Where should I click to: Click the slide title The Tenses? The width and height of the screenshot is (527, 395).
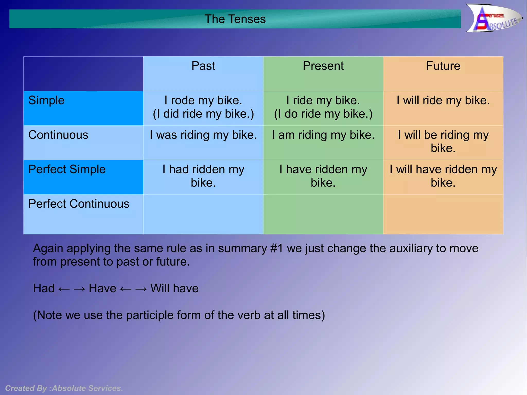pos(235,19)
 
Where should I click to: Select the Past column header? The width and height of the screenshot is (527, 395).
pos(203,66)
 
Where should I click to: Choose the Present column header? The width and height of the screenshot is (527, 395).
pos(323,66)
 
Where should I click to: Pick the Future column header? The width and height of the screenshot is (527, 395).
pos(443,66)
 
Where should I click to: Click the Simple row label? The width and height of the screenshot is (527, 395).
pos(46,100)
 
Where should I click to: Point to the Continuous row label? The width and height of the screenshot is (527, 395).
pos(58,135)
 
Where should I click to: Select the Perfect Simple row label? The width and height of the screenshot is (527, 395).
pos(67,169)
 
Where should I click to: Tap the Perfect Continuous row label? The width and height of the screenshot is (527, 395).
pos(79,204)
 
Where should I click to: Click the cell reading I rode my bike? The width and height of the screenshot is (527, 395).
pos(203,100)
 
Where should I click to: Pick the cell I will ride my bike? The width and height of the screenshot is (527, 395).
pos(443,100)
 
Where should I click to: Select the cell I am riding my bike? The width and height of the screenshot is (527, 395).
pos(323,135)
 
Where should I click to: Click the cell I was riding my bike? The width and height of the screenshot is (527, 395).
pos(203,135)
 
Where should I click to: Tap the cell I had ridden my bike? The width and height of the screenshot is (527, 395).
pos(203,176)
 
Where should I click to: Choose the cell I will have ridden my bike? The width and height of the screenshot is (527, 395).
pos(443,176)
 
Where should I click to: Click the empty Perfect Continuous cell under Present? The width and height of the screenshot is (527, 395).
pos(323,214)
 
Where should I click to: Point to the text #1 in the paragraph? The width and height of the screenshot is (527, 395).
pos(277,249)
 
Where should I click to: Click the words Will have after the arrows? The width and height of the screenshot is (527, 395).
pos(174,288)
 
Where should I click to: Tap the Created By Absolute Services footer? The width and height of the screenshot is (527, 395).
pos(64,388)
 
